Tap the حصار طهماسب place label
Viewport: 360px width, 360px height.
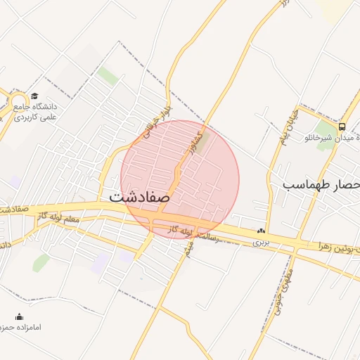[321, 184]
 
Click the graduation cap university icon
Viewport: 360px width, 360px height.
[34, 96]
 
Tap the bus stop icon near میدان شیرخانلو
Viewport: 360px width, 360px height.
[342, 127]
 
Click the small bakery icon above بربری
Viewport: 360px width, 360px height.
[261, 230]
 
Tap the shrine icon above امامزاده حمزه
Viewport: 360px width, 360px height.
[20, 317]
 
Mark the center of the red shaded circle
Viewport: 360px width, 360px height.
[180, 180]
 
